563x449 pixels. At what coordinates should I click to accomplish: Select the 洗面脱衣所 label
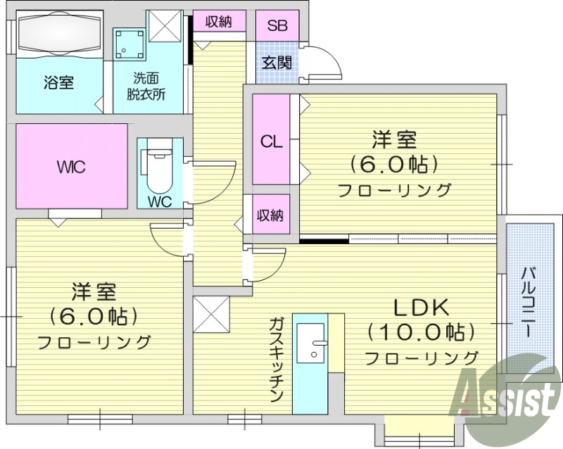[x=146, y=86]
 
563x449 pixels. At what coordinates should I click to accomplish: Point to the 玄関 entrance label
[x=277, y=62]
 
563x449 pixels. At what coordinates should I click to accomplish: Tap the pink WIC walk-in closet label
[x=71, y=167]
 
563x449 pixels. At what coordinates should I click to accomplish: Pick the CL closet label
[x=271, y=140]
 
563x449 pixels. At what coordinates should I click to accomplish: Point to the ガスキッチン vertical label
[x=276, y=359]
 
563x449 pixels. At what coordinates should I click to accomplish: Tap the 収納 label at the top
[x=218, y=22]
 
